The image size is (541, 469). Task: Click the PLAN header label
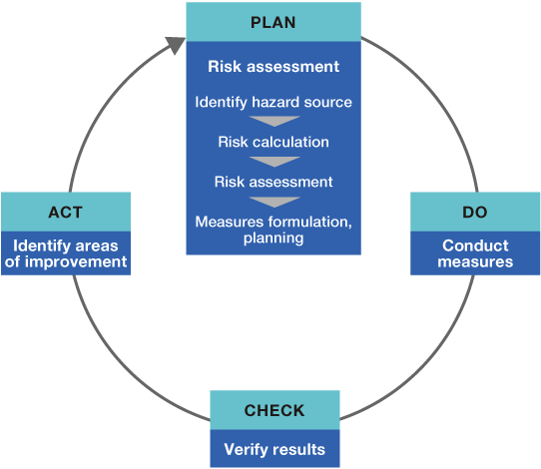[272, 22]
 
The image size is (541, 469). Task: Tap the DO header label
[475, 213]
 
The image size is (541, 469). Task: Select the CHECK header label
[273, 411]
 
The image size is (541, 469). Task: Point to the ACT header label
[65, 213]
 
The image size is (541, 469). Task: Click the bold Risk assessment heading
[273, 68]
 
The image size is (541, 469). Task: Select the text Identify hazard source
[273, 102]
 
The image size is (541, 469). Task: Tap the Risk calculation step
[273, 142]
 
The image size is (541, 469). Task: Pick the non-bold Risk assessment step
[273, 182]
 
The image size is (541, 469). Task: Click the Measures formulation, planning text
[273, 230]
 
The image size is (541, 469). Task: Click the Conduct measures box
[475, 253]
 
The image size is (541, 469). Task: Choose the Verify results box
[273, 449]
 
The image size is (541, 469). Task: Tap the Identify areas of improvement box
[65, 253]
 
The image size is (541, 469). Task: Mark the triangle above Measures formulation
[273, 202]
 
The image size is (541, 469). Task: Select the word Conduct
[475, 245]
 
